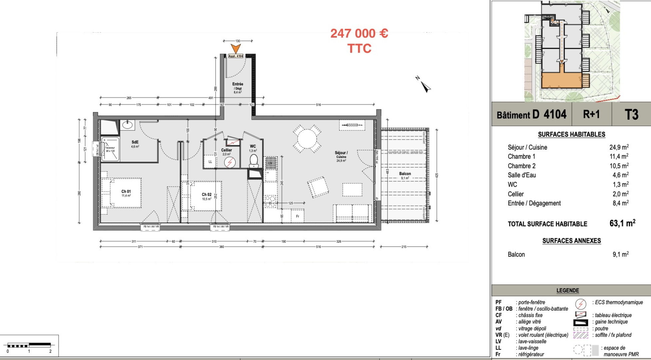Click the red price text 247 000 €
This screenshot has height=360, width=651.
tap(359, 33)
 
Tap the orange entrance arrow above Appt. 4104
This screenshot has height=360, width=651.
tap(236, 49)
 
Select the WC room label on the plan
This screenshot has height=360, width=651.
tap(253, 146)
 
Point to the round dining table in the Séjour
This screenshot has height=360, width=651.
tap(307, 139)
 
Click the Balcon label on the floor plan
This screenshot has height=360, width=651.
tap(405, 174)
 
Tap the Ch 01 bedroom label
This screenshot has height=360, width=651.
tap(126, 192)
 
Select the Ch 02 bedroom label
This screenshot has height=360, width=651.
tap(207, 195)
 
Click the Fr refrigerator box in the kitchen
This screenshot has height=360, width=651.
tap(297, 216)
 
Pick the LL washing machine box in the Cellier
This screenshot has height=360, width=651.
tap(210, 162)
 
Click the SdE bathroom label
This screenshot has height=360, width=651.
tap(135, 142)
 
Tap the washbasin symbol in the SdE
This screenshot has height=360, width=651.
tap(127, 125)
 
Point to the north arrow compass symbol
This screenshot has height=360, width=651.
tap(424, 86)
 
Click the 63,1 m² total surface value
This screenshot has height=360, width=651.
tap(622, 223)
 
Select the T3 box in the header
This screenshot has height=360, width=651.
tap(631, 115)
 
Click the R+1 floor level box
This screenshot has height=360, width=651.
tap(591, 114)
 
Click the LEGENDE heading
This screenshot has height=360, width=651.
tap(567, 290)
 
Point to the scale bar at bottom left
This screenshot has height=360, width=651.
tap(29, 345)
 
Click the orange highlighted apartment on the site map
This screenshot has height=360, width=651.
tap(562, 81)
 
